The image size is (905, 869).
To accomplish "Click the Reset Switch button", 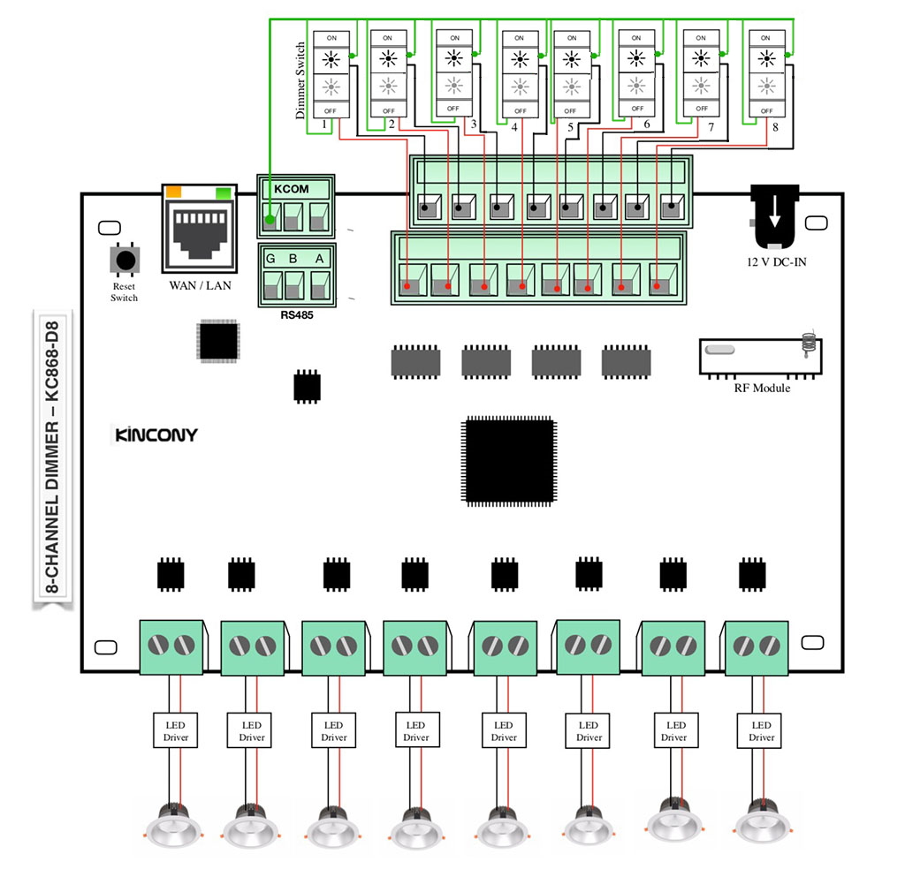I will tap(125, 261).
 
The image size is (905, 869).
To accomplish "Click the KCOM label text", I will tap(292, 189).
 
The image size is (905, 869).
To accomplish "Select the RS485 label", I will tap(295, 314).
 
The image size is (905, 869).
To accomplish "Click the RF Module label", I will tap(762, 388).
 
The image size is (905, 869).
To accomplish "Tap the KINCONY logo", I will tap(156, 434).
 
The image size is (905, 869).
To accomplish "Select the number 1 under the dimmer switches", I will tap(324, 125).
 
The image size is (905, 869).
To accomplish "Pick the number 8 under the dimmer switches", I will tap(774, 127).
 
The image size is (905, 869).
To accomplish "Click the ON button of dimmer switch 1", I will tap(331, 39).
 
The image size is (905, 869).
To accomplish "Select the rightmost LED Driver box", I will tap(761, 730).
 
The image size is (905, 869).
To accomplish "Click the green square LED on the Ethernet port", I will tap(223, 192).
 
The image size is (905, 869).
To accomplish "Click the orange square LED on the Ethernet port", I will tap(174, 191).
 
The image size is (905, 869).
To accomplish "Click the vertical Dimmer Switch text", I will tap(300, 80).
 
